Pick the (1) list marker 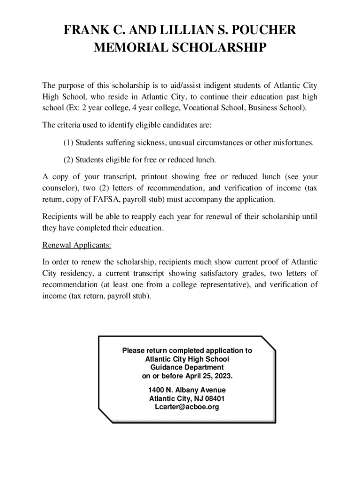click(x=68, y=142)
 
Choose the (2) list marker click(x=68, y=160)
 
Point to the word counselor click(x=58, y=189)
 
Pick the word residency click(x=73, y=273)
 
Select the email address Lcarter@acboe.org click(x=187, y=407)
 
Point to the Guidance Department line click(x=187, y=367)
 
